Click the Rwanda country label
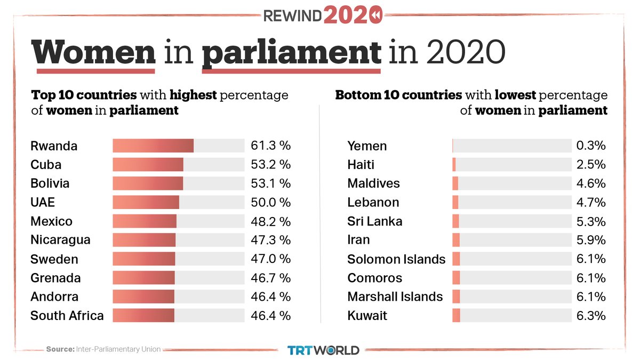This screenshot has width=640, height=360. coord(54,146)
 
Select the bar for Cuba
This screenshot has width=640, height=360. coord(148,164)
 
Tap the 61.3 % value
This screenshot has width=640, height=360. coord(270,146)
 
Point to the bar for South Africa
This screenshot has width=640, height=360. coord(143,315)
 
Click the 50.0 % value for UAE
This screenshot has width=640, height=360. coord(270,202)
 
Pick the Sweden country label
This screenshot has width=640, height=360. coord(54,259)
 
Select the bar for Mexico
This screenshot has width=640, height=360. coord(145,221)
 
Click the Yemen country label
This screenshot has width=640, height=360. coord(367,146)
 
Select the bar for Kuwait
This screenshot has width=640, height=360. coord(456,315)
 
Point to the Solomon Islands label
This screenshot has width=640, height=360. coord(396,259)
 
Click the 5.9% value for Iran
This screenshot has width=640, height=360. coord(590,240)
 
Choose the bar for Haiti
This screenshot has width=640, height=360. coord(454,164)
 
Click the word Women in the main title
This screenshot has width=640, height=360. coord(94,53)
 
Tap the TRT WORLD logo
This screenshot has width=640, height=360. coord(323,350)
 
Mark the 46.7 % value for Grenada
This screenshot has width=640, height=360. coord(270,278)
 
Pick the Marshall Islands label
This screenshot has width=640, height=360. coord(395,297)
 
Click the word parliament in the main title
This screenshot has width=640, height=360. coord(292,53)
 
